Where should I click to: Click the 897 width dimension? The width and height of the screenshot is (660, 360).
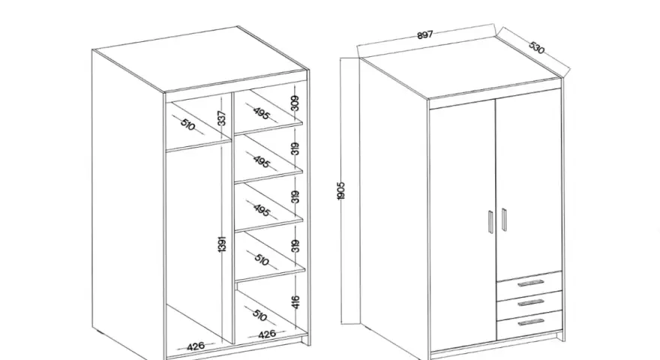[424, 34]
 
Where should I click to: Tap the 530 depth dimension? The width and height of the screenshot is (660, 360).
[537, 48]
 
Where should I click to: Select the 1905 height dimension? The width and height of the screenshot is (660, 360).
[341, 190]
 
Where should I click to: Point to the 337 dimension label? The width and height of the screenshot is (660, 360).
[222, 118]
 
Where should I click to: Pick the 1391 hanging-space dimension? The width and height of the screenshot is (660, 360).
[222, 244]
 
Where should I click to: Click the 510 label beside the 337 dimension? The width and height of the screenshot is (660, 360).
[187, 124]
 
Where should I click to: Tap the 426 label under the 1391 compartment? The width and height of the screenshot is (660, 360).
[195, 346]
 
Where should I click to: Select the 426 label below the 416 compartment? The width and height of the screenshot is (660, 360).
[267, 334]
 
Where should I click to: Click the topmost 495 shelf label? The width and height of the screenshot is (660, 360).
[262, 113]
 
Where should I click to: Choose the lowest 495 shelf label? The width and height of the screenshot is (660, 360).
[262, 210]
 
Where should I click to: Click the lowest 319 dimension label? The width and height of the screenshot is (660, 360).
[295, 245]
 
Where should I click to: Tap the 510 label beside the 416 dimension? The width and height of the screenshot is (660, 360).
[259, 315]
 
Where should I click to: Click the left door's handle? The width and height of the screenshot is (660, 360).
[490, 221]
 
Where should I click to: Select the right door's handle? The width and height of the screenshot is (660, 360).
[504, 219]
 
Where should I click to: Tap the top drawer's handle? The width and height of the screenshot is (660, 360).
[531, 283]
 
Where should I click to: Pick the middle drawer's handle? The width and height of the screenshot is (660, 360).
[531, 302]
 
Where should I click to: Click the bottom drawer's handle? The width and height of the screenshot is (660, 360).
[531, 322]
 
